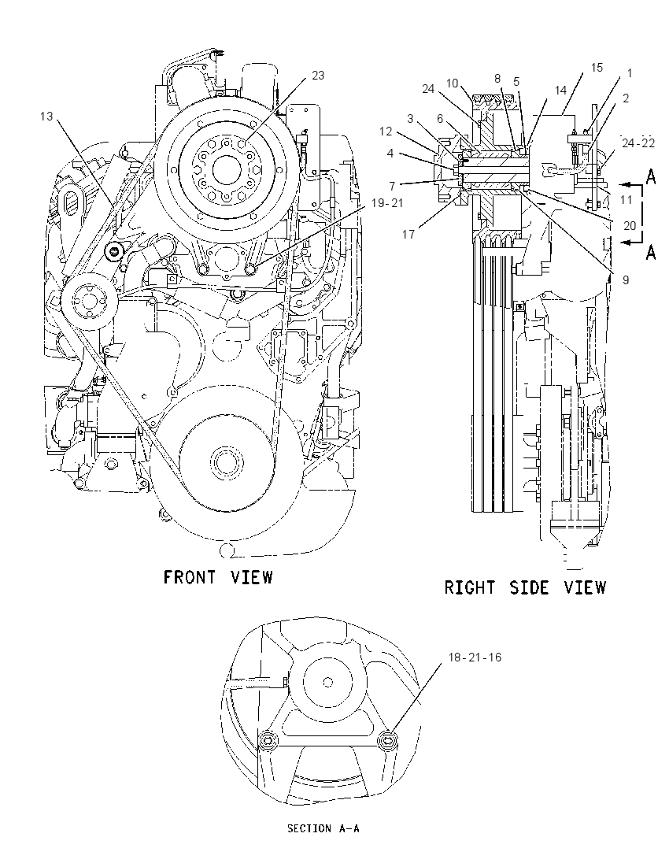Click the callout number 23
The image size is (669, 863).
tap(318, 76)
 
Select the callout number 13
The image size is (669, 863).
tap(46, 116)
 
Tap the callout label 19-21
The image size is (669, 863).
tap(387, 203)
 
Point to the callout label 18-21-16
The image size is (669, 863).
tap(475, 657)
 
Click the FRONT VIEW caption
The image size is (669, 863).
tap(219, 577)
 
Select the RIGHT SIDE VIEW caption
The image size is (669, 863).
tap(525, 587)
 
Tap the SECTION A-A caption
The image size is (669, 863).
tap(323, 828)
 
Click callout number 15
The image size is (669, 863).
tap(597, 68)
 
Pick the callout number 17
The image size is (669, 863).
tap(408, 235)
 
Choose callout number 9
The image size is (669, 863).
tap(626, 280)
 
